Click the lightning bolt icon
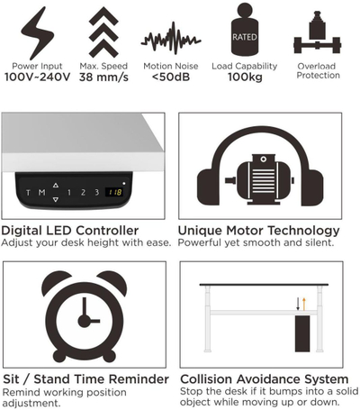pos(37,34)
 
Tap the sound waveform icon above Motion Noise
pos(171,39)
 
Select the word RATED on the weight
pos(245,37)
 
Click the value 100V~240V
pos(37,77)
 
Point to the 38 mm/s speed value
pos(103,77)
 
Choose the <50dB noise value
pos(171,77)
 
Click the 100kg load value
pos(245,77)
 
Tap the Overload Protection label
pos(318,70)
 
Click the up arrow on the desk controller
pos(56,186)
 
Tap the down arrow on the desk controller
pos(56,199)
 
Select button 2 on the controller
pos(83,192)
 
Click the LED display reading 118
pos(114,192)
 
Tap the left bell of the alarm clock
pos(55,282)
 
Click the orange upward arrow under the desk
pos(304,304)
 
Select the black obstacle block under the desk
pos(302,333)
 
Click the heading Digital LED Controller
pos(69,231)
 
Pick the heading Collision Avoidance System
pos(264,378)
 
